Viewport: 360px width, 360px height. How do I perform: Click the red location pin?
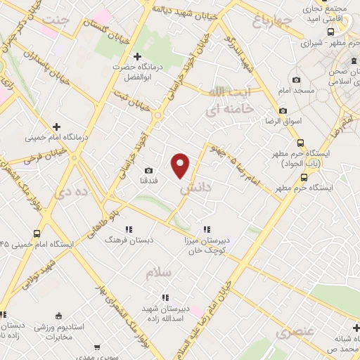(181, 165)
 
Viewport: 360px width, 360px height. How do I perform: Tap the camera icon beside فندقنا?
(148, 171)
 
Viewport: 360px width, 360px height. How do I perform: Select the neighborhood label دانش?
(195, 188)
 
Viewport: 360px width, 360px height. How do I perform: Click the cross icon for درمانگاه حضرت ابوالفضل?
(138, 56)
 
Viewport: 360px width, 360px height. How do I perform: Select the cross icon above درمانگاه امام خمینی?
(56, 127)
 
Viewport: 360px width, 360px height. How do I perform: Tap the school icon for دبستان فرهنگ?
(129, 229)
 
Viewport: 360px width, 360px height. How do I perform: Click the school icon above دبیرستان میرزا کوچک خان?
(207, 229)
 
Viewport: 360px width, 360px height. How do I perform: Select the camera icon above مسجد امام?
(296, 80)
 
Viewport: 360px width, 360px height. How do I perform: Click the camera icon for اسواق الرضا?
(283, 110)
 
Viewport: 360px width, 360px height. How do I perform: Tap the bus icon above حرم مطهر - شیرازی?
(331, 31)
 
